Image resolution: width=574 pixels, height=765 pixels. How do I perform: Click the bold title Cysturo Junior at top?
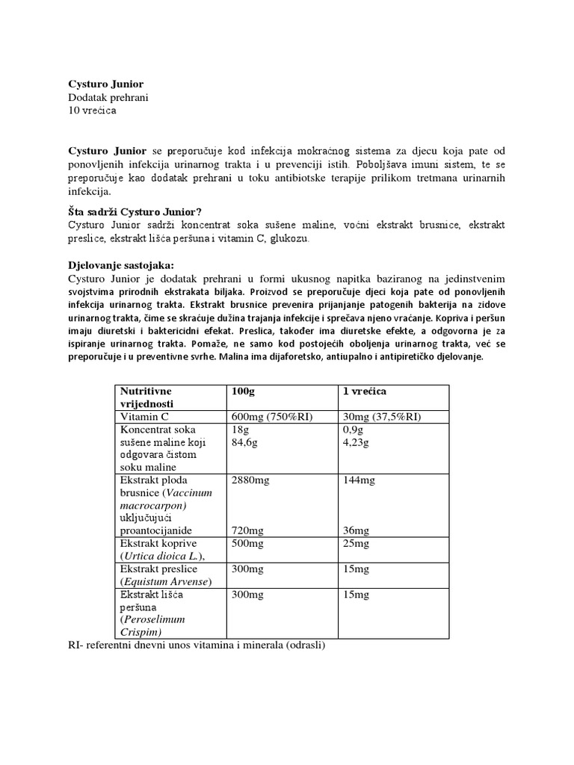[x=105, y=84]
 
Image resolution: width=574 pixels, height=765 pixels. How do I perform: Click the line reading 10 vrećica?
[x=92, y=111]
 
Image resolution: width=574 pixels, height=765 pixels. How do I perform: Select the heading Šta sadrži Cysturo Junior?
[x=135, y=211]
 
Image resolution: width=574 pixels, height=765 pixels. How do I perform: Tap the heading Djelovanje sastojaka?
[x=120, y=265]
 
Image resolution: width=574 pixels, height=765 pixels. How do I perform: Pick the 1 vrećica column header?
[x=364, y=391]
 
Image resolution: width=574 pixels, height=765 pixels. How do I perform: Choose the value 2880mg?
[x=250, y=480]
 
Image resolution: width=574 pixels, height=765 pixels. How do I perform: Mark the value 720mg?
[x=247, y=530]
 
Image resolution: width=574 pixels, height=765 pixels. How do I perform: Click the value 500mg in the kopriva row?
[x=247, y=543]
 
